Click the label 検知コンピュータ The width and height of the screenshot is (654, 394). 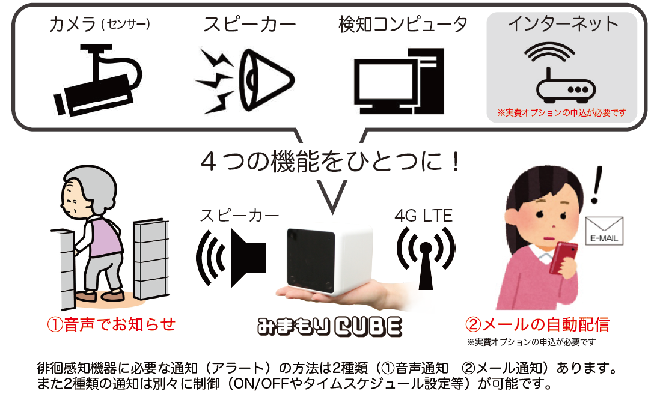pyautogui.click(x=403, y=25)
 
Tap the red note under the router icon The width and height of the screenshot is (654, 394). pyautogui.click(x=561, y=112)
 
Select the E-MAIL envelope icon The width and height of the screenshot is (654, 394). pyautogui.click(x=605, y=231)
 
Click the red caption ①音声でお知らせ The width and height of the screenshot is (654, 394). pyautogui.click(x=111, y=324)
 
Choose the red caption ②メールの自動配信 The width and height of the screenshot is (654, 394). pyautogui.click(x=537, y=325)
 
